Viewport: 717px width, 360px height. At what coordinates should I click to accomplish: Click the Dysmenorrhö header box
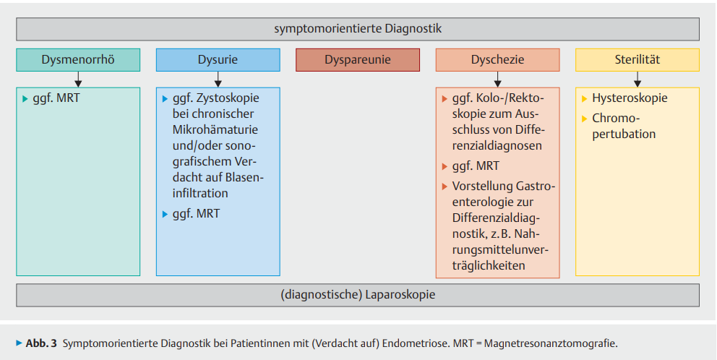(x=78, y=60)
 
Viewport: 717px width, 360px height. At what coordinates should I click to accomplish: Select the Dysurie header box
(x=218, y=60)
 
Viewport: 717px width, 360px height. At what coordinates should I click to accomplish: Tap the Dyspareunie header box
(x=358, y=60)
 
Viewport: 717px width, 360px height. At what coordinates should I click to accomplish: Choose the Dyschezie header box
(x=497, y=60)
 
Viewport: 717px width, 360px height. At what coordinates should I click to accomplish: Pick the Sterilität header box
(x=637, y=60)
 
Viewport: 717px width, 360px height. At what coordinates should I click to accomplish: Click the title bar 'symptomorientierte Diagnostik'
(x=358, y=29)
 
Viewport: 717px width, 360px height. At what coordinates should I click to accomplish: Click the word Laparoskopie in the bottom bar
(x=400, y=295)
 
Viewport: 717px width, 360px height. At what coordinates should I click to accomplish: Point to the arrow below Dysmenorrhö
(x=78, y=79)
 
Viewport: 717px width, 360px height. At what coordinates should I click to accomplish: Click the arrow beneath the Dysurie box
(x=218, y=79)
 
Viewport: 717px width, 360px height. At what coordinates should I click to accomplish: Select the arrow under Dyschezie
(x=497, y=79)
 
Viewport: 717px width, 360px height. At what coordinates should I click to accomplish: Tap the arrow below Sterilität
(x=637, y=79)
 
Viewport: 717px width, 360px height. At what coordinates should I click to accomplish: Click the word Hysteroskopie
(x=630, y=98)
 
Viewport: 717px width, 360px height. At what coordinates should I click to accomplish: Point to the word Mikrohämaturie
(x=215, y=130)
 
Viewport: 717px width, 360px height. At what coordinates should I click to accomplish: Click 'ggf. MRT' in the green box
(x=56, y=98)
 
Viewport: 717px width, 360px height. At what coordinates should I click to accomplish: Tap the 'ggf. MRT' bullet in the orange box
(x=476, y=166)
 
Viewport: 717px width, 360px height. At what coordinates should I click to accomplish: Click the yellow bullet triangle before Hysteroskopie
(x=585, y=98)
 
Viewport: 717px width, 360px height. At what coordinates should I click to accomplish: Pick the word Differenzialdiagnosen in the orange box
(x=497, y=146)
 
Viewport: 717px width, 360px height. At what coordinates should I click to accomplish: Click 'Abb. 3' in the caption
(x=41, y=343)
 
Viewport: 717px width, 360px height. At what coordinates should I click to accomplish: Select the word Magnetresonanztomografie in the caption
(x=550, y=343)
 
